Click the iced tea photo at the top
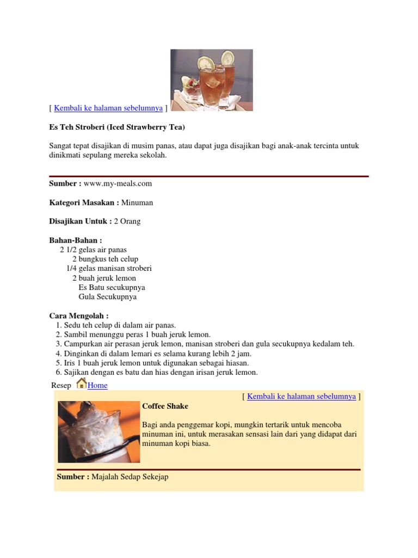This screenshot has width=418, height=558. click(211, 80)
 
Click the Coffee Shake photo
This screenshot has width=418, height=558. click(99, 432)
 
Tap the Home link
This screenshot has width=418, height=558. click(97, 385)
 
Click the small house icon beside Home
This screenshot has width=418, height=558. click(81, 384)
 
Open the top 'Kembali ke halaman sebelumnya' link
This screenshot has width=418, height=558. click(108, 108)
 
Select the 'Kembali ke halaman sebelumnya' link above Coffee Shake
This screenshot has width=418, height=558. click(302, 396)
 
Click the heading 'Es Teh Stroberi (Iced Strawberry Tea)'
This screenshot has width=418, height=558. click(117, 127)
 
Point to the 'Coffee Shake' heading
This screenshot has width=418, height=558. click(165, 406)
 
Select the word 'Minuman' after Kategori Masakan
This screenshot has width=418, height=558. click(137, 202)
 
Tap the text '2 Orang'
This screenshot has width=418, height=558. click(127, 221)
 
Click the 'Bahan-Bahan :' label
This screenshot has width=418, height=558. click(76, 240)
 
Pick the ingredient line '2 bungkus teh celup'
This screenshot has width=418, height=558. click(105, 259)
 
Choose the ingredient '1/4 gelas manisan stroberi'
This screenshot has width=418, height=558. click(109, 268)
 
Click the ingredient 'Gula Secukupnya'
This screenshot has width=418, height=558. click(108, 297)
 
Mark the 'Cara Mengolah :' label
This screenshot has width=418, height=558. click(79, 316)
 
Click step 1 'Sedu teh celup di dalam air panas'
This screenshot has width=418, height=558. click(120, 325)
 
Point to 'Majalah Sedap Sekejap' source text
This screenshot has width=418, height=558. click(130, 477)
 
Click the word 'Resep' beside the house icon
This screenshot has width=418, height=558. click(61, 385)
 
